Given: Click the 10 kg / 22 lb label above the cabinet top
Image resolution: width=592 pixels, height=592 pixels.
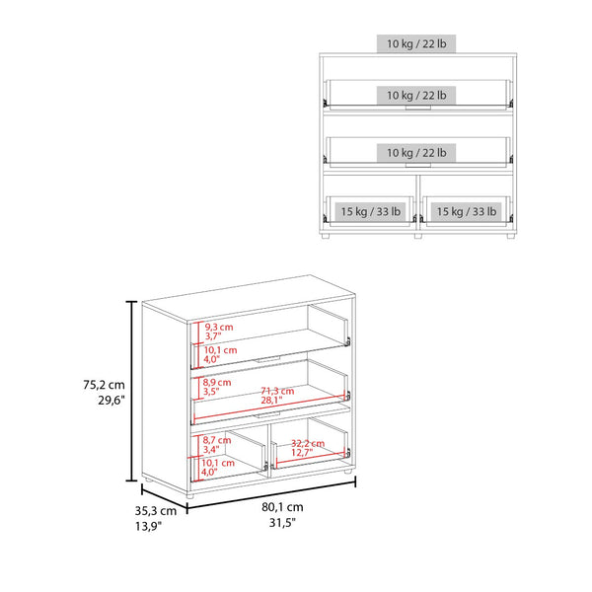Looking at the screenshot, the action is click(x=416, y=43).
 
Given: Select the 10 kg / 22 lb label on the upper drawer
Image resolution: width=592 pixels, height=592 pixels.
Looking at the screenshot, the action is click(x=416, y=95).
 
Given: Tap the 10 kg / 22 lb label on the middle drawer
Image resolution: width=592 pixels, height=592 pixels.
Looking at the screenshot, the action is click(x=416, y=153).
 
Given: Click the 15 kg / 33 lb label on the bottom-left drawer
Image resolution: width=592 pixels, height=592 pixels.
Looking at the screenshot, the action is click(x=370, y=211).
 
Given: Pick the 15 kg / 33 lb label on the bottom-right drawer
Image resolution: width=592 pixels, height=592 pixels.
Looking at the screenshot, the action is click(x=467, y=211).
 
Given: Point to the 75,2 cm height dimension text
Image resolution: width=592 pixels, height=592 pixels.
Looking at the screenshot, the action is click(x=104, y=385).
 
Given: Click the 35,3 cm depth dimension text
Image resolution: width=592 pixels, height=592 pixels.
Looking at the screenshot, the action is click(x=156, y=511).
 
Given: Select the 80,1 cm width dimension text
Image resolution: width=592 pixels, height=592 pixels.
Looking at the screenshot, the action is click(x=282, y=507).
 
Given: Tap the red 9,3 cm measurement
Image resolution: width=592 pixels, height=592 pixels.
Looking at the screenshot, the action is click(x=219, y=327).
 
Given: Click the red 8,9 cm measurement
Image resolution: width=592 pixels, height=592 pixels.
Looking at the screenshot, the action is click(x=217, y=382).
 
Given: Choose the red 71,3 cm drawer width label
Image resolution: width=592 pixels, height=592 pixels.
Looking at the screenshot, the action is click(x=277, y=391).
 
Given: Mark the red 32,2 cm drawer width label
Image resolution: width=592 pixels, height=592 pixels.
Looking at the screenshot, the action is click(x=308, y=443).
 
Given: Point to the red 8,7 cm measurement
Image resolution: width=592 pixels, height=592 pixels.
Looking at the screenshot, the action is click(x=217, y=440).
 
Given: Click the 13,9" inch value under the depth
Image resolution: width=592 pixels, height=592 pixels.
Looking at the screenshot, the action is click(x=148, y=526).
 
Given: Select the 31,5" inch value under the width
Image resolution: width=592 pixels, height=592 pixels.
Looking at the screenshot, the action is click(x=282, y=523).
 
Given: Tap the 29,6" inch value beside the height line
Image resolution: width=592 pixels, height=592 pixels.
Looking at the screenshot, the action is click(x=111, y=400).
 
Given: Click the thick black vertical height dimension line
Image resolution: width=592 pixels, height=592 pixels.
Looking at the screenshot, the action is click(x=131, y=391).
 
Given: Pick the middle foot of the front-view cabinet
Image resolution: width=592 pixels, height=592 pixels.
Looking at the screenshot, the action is click(x=418, y=236).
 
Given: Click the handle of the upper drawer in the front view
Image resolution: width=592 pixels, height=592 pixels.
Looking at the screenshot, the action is click(x=418, y=108).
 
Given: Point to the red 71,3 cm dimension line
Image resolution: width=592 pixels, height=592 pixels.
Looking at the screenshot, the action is click(x=269, y=407).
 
